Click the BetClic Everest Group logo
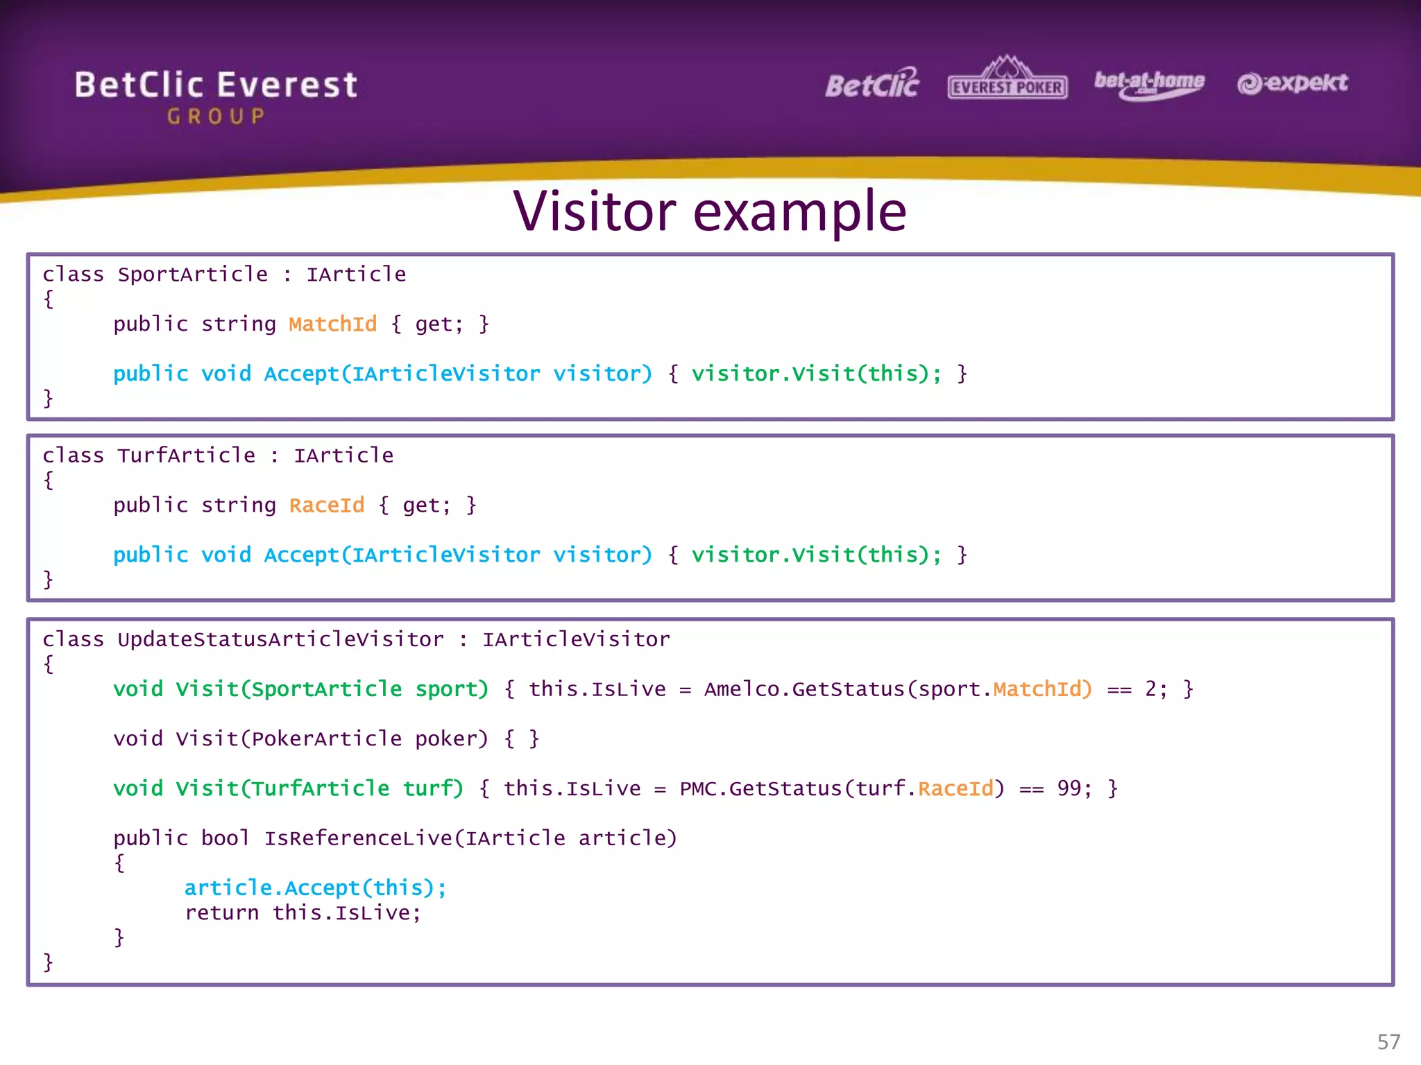click(216, 95)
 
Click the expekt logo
click(1292, 83)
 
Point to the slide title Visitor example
click(709, 211)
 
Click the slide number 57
click(1388, 1041)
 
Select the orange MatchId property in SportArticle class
click(332, 324)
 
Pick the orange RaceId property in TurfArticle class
click(326, 505)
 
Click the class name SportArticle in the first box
click(192, 275)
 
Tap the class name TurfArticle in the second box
click(186, 456)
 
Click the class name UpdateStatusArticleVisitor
click(280, 639)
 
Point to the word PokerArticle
click(326, 738)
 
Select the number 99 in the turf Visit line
click(1069, 788)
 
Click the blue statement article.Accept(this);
click(315, 887)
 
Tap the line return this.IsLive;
click(303, 912)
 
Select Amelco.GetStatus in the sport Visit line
click(804, 689)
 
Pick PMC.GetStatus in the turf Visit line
click(760, 788)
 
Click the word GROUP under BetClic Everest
click(216, 116)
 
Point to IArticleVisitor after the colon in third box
click(576, 639)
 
